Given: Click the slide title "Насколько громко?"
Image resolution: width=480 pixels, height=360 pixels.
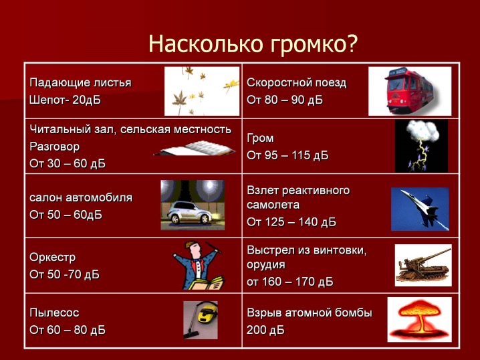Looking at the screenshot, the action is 253,43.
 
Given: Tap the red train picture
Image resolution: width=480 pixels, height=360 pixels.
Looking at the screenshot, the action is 410,91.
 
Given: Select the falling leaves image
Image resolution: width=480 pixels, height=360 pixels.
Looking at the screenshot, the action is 202,91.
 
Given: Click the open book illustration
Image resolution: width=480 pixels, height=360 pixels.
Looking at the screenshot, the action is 195,149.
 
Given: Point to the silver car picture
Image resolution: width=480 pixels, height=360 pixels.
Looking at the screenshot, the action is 193,205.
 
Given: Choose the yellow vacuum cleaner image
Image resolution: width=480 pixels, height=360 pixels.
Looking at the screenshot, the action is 201,320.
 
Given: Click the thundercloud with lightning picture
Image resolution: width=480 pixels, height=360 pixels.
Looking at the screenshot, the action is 421,146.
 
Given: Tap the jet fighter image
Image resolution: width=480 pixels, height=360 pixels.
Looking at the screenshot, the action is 420,209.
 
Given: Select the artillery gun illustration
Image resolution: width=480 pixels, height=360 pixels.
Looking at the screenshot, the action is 423,266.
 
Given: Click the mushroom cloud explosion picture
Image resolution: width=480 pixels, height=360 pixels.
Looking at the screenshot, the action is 419,320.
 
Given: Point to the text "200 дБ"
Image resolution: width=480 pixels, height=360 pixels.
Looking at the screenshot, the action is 265,330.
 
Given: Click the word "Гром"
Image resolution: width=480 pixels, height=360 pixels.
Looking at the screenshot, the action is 260,139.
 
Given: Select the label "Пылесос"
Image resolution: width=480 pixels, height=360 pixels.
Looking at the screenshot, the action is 54,312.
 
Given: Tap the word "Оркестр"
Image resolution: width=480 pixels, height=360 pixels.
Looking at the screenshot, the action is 52,258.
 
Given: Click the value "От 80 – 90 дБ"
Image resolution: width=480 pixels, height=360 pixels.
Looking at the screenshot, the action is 285,100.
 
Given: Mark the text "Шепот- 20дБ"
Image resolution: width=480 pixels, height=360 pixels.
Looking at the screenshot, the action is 66,100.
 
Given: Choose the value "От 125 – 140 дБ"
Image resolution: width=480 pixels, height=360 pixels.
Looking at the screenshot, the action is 291,221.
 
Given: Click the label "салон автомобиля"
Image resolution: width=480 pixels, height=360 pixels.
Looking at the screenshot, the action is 81,197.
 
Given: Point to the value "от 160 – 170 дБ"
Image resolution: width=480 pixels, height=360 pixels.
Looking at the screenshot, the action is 290,282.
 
